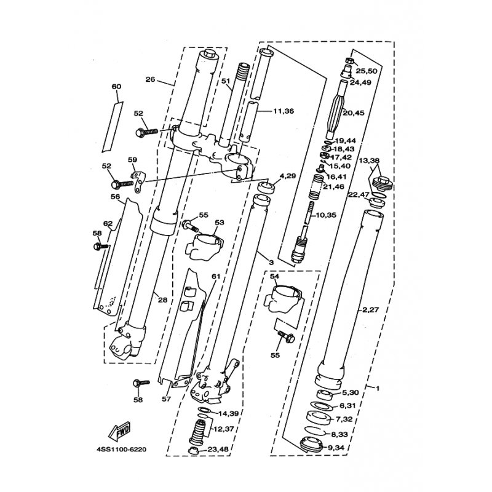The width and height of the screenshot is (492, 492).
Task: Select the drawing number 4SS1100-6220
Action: (122, 450)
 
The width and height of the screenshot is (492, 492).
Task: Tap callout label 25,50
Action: (366, 71)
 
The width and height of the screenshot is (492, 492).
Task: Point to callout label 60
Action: (116, 86)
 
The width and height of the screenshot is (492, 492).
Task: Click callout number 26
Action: (150, 79)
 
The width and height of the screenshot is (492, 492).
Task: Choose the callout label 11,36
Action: (284, 111)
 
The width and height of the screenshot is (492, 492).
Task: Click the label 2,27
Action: (371, 310)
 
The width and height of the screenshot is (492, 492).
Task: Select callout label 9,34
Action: (335, 447)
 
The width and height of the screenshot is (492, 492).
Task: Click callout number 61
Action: (216, 276)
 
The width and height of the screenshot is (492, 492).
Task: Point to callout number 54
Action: (274, 276)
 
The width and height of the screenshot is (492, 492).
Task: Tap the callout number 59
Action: (132, 160)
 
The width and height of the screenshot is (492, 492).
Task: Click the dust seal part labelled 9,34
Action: (311, 444)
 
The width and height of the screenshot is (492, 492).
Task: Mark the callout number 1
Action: (378, 389)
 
